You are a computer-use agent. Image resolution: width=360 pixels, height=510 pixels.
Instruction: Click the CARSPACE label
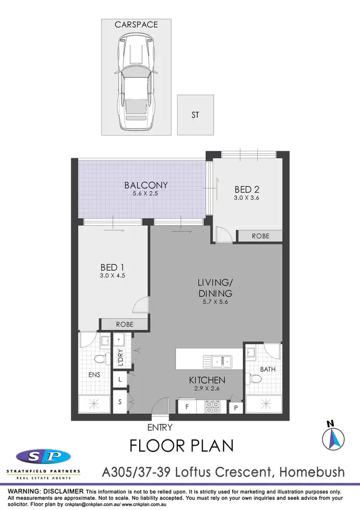[136, 24]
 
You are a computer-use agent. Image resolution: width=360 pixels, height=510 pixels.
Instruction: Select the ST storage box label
[195, 115]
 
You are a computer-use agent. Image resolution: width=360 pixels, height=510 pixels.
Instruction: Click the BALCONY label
[140, 185]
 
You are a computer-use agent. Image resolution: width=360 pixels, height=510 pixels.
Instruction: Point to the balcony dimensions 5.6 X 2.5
[140, 194]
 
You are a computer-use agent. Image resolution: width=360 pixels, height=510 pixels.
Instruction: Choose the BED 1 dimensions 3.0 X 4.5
[113, 276]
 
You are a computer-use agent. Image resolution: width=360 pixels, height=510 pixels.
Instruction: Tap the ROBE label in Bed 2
[261, 236]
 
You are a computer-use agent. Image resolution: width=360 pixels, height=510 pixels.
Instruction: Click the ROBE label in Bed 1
[124, 324]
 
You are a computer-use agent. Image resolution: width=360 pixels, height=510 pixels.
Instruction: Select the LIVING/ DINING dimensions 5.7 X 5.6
[215, 302]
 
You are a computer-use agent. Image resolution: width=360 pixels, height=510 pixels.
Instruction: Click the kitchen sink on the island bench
[217, 360]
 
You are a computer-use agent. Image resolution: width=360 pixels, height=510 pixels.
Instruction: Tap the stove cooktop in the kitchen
[213, 407]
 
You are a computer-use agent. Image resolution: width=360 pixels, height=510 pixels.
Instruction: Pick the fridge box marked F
[187, 407]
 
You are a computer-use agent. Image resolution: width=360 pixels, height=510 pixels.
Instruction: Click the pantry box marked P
[236, 408]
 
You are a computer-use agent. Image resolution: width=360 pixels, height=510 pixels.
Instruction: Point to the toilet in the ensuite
[100, 359]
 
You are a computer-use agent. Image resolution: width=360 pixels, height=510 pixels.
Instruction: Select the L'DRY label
[120, 358]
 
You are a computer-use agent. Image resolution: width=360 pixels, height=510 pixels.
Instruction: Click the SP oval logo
[43, 456]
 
